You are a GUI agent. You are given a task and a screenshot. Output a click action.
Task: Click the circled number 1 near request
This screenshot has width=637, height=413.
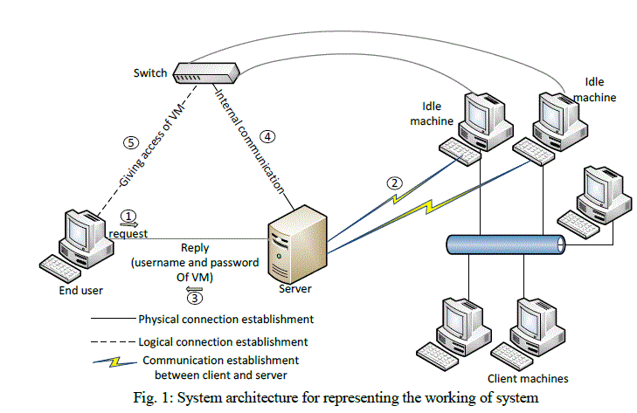click(x=128, y=214)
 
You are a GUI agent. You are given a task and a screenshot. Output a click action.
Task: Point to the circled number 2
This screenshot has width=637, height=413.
click(x=395, y=183)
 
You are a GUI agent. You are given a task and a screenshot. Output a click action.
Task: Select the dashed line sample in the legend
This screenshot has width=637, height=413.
click(x=112, y=341)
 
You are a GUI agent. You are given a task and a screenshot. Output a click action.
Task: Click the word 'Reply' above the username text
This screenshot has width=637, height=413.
click(x=194, y=248)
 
